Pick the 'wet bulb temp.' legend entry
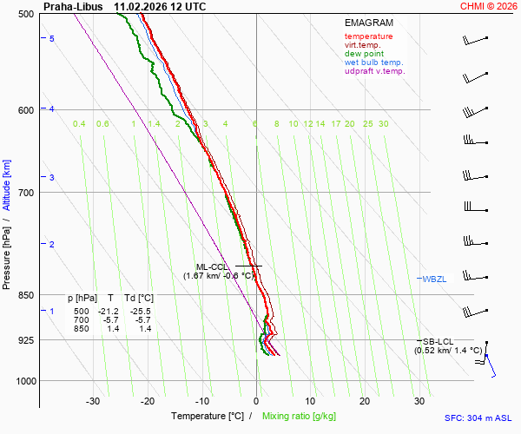373,62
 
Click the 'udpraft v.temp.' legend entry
374,71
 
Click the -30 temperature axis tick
93,401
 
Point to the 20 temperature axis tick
365,401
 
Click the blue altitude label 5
52,39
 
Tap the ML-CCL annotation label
211,266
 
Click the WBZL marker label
434,279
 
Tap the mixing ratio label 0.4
79,124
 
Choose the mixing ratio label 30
383,124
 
